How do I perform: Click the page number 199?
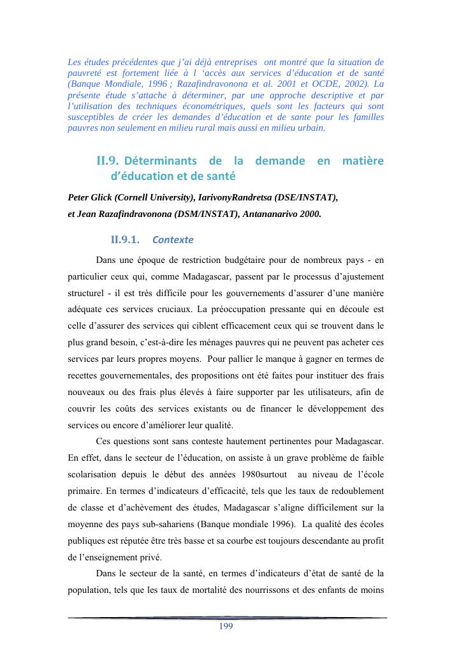click(226, 627)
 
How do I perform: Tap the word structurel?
click(89, 293)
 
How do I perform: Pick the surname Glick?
click(105, 197)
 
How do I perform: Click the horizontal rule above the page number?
click(227, 618)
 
